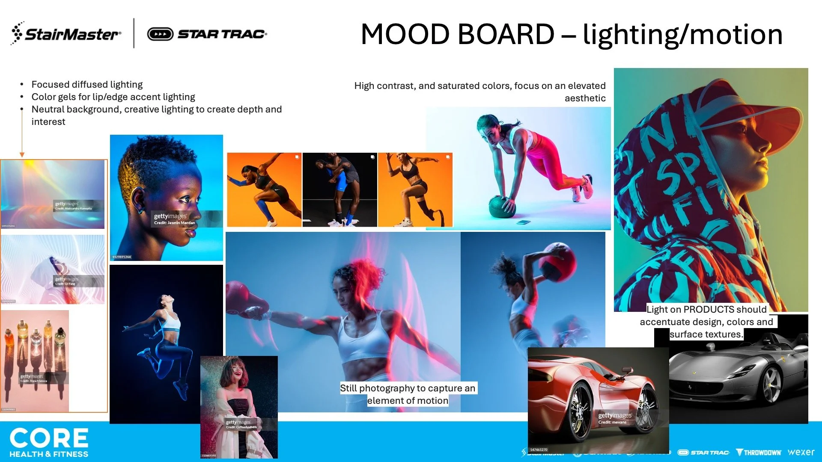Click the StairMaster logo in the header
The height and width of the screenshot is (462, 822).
pos(66,33)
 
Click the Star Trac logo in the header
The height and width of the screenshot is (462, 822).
pos(207,34)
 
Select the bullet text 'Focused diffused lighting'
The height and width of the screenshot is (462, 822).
pos(87,84)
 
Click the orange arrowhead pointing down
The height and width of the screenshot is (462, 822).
pos(22,154)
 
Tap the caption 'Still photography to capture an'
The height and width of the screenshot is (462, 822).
pos(408,388)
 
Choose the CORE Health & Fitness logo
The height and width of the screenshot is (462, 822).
pos(49,442)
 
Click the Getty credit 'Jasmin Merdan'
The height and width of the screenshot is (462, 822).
pos(175,223)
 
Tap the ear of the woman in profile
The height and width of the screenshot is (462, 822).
pos(138,199)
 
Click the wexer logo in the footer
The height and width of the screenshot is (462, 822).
pos(801,452)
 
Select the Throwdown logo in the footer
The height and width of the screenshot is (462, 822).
pos(759,452)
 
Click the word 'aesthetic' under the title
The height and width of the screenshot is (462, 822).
pos(585,98)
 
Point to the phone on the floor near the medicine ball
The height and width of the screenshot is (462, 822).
pos(523,222)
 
